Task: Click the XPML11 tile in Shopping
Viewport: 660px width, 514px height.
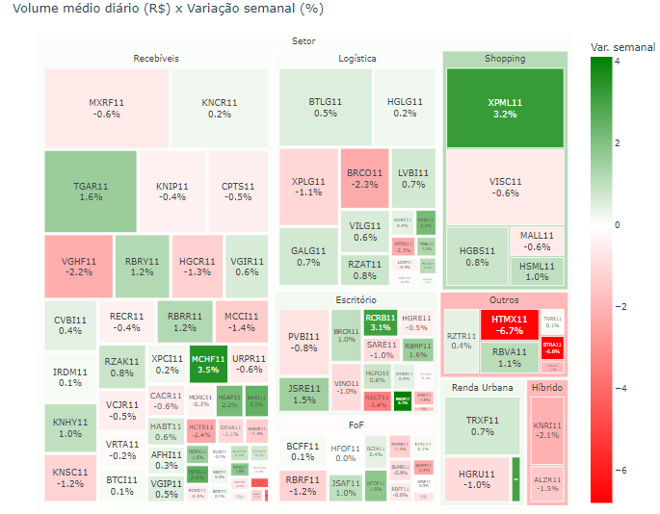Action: [504, 107]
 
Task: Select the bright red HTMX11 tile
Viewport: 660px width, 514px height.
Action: [509, 323]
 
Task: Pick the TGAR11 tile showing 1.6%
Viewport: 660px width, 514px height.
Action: [90, 190]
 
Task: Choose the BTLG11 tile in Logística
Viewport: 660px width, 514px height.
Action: [325, 106]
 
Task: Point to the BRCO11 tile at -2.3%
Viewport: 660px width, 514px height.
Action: [364, 178]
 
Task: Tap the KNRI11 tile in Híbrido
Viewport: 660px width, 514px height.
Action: [547, 428]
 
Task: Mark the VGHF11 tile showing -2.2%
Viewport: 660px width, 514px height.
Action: [78, 265]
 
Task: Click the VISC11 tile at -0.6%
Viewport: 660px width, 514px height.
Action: [504, 186]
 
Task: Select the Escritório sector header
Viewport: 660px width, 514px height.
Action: [356, 300]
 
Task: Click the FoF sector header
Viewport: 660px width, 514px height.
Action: [356, 424]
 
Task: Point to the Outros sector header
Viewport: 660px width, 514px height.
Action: [503, 300]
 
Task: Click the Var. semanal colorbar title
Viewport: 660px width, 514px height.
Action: [621, 46]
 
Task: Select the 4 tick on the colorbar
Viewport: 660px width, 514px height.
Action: [617, 60]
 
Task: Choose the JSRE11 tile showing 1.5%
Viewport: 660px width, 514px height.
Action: [303, 394]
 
